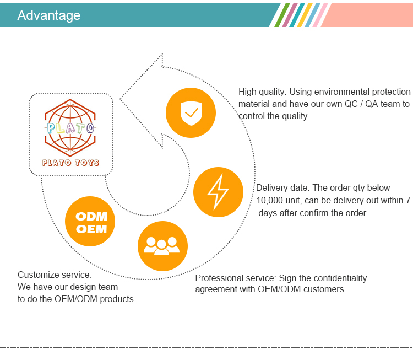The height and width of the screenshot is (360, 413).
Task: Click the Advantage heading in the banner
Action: coord(48,15)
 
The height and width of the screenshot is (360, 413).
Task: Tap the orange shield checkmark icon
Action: coord(191,113)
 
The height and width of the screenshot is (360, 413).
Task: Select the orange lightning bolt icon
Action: coord(218,192)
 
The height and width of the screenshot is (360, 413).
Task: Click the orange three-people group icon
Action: coord(162,246)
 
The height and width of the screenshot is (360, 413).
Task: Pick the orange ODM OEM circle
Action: coord(90,222)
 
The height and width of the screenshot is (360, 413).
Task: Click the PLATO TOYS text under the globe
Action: coord(70,163)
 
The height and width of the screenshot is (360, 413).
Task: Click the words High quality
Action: coord(261,92)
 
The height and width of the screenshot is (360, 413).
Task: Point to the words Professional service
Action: coord(235,278)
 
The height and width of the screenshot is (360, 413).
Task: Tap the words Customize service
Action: coord(55,275)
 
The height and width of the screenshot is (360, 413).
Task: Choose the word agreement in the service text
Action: coord(216,289)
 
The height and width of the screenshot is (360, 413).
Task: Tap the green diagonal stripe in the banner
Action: coord(281,15)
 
